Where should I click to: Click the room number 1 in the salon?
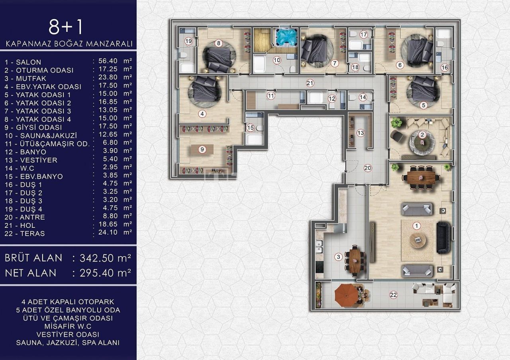[416, 226]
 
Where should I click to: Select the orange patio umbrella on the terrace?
[347, 294]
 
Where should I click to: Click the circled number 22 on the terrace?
[393, 295]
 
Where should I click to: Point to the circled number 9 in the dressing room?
[202, 149]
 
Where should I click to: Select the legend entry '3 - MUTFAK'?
[27, 78]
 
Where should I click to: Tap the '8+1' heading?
[66, 27]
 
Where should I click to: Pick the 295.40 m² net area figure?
[105, 273]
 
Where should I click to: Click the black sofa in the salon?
[443, 237]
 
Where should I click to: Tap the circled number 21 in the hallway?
[310, 83]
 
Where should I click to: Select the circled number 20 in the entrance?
[367, 168]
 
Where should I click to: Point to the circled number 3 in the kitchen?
[338, 257]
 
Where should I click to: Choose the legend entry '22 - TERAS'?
[25, 233]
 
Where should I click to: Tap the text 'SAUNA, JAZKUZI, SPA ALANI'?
[69, 342]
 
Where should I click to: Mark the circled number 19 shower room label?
[188, 41]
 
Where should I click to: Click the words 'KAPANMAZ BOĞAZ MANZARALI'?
[69, 43]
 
